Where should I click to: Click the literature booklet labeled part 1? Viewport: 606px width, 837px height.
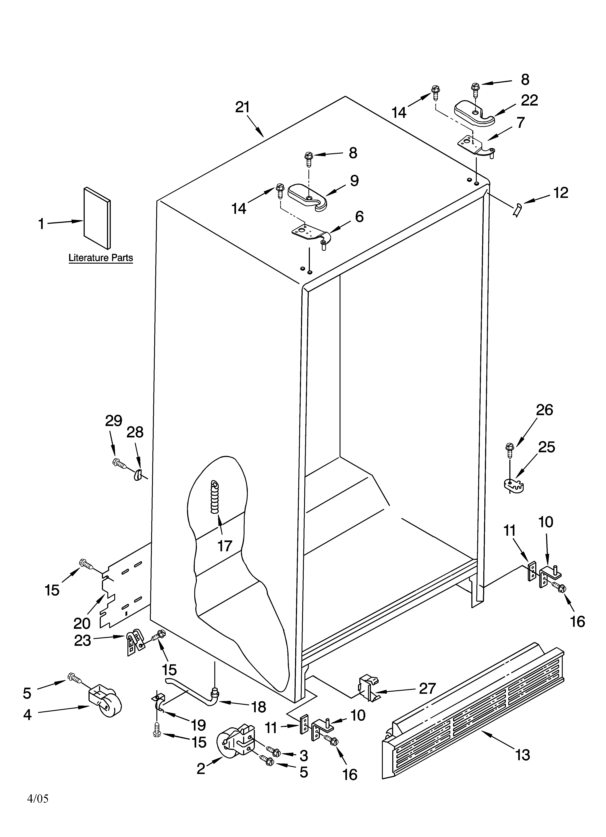97,218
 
